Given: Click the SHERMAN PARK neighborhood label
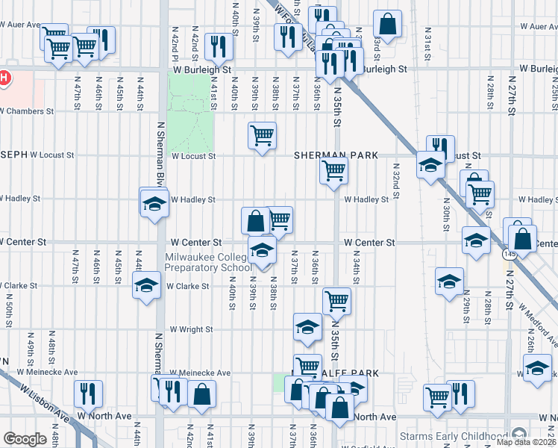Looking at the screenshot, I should [335, 155].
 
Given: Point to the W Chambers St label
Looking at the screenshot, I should [27, 111].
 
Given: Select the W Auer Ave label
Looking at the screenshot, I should [19, 25].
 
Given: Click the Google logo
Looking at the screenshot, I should [25, 439].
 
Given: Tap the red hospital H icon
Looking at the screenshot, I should [4, 77].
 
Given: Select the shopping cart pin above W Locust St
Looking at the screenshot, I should [262, 135].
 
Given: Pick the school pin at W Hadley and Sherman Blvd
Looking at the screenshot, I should [154, 202].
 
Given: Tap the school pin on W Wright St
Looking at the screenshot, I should [307, 326].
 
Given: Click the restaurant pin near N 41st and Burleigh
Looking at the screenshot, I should [219, 46].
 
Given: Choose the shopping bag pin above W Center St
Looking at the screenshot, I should [255, 220].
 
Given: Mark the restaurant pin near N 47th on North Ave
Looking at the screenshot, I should [88, 393].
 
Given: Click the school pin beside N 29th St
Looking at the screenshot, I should [449, 281].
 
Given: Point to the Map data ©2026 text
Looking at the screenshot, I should [526, 441].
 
